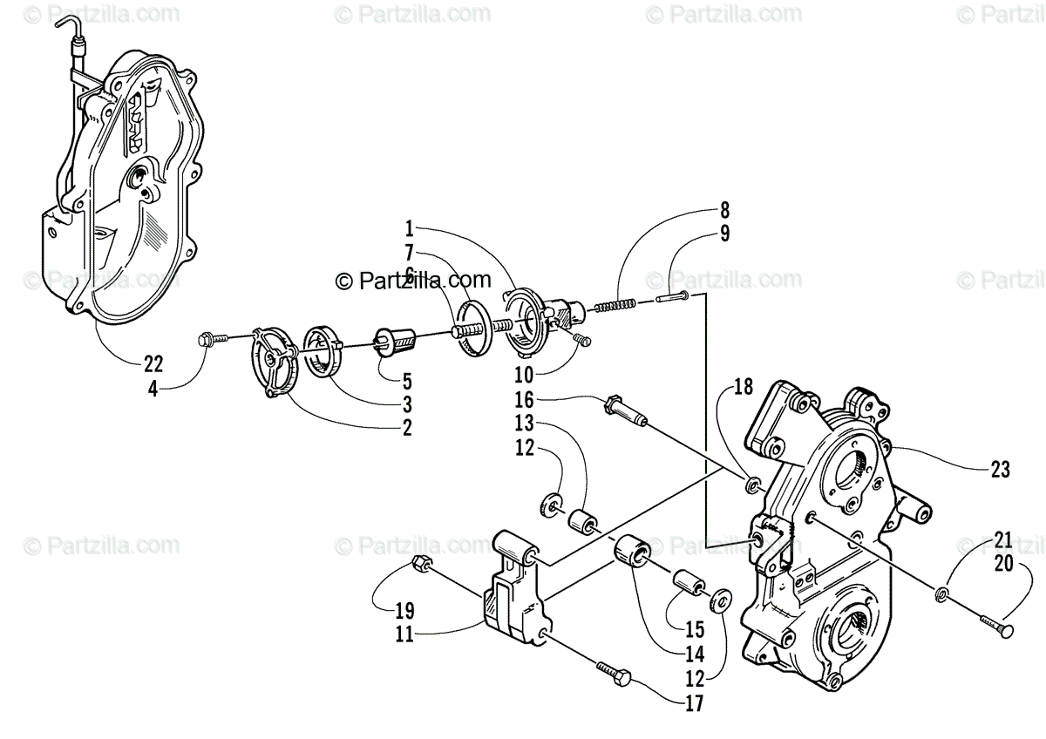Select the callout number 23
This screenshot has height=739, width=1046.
(x=1000, y=471)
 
